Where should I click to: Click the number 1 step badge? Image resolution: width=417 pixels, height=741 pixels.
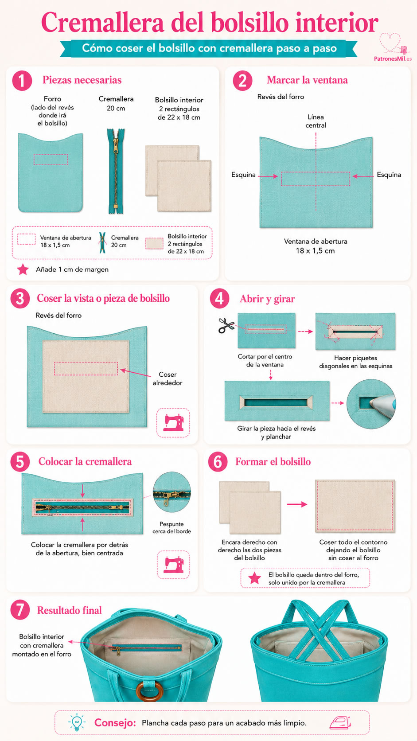(22, 81)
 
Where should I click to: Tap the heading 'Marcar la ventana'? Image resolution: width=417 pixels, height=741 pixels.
(307, 80)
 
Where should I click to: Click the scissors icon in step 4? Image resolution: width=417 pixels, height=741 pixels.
(226, 325)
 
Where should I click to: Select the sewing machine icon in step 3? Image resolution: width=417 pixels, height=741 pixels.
(173, 422)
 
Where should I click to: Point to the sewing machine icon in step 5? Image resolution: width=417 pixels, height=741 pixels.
(174, 565)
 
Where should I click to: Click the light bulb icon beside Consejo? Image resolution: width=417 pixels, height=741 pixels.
(77, 721)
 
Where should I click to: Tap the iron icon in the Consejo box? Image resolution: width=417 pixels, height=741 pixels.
(340, 722)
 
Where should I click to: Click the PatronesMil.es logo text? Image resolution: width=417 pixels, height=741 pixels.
(393, 59)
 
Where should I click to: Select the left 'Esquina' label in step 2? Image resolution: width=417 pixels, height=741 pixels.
(243, 175)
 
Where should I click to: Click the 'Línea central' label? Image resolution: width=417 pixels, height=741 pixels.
(316, 121)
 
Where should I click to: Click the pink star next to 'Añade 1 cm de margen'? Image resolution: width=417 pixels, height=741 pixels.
(23, 269)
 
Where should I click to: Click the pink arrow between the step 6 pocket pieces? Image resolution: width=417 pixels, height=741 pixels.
(297, 504)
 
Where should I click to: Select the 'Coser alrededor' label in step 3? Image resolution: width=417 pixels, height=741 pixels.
(168, 378)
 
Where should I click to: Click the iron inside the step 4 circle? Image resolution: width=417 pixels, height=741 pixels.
(382, 404)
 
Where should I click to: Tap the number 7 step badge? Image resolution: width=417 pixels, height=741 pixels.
(20, 610)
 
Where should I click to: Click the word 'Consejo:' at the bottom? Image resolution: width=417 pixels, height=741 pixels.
(115, 722)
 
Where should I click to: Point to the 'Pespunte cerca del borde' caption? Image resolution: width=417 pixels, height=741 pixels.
(171, 528)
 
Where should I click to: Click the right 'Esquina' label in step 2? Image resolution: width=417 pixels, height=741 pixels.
(389, 175)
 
